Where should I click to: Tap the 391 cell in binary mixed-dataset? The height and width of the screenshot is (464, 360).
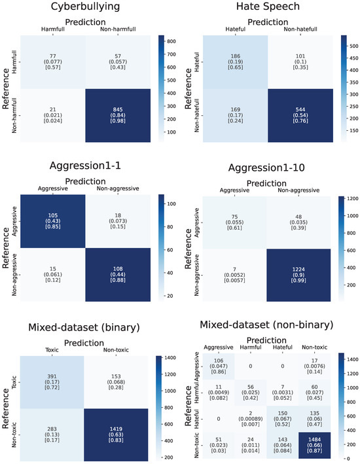[x=51, y=378]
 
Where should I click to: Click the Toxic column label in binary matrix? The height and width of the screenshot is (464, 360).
[x=51, y=350]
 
